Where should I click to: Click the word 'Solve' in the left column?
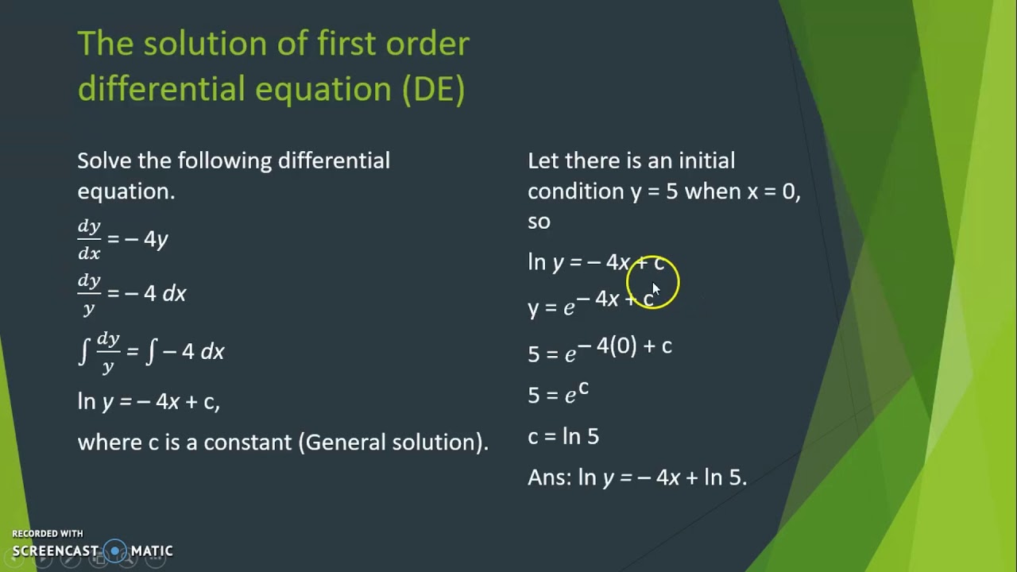pyautogui.click(x=104, y=160)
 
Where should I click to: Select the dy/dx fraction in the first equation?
pyautogui.click(x=89, y=239)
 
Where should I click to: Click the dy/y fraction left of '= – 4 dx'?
pyautogui.click(x=89, y=294)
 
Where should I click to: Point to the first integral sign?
pyautogui.click(x=83, y=350)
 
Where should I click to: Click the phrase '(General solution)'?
pyautogui.click(x=393, y=442)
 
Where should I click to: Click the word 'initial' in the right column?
pyautogui.click(x=706, y=160)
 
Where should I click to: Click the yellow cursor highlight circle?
pyautogui.click(x=652, y=282)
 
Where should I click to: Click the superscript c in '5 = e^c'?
pyautogui.click(x=583, y=388)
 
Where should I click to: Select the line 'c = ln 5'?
pyautogui.click(x=563, y=436)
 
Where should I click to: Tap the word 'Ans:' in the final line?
pyautogui.click(x=549, y=477)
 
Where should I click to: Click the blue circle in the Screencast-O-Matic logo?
pyautogui.click(x=116, y=551)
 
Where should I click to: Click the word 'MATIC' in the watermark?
pyautogui.click(x=152, y=551)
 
